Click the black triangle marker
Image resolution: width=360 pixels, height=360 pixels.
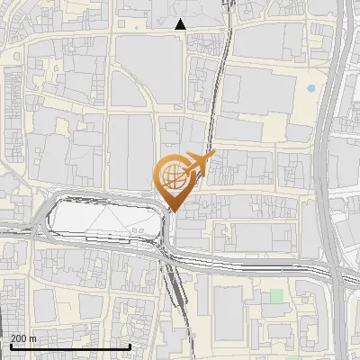181,24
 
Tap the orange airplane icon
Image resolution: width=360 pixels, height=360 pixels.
200,164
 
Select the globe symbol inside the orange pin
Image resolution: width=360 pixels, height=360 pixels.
171,174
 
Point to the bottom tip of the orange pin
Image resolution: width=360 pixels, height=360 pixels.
174,211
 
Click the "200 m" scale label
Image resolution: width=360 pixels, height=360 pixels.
23,338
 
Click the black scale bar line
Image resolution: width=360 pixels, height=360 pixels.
70,346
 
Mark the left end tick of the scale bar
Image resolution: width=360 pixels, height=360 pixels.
11,346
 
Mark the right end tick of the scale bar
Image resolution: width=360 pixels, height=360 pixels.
130,346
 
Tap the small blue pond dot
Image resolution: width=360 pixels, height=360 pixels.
310,89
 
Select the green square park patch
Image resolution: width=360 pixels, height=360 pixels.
277,294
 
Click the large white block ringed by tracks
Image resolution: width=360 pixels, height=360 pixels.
99,220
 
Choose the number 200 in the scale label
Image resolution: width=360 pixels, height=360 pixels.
19,338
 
